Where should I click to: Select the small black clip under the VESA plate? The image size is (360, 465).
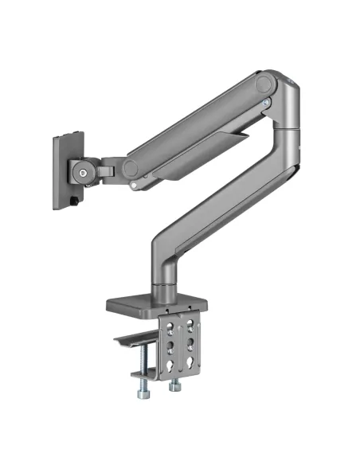73,202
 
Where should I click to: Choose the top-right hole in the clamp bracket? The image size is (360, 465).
190,322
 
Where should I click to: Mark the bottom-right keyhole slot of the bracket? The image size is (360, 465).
190,365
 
